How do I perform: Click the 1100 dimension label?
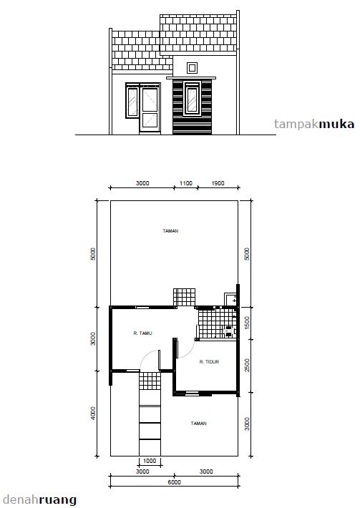[185, 183]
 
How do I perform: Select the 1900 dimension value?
[218, 183]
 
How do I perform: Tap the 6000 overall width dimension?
[175, 482]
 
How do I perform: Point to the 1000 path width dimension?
[150, 461]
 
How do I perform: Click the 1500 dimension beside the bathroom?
[247, 323]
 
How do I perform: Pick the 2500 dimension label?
[247, 365]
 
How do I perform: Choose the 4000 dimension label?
[93, 414]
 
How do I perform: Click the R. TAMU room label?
[142, 333]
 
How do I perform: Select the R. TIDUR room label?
[209, 361]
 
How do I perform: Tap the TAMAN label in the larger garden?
[170, 230]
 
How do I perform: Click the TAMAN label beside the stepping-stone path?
[199, 423]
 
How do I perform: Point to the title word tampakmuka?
[314, 124]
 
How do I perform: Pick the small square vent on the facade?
[192, 68]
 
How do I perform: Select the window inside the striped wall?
[192, 99]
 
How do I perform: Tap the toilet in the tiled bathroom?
[229, 331]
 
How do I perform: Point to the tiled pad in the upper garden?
[184, 297]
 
